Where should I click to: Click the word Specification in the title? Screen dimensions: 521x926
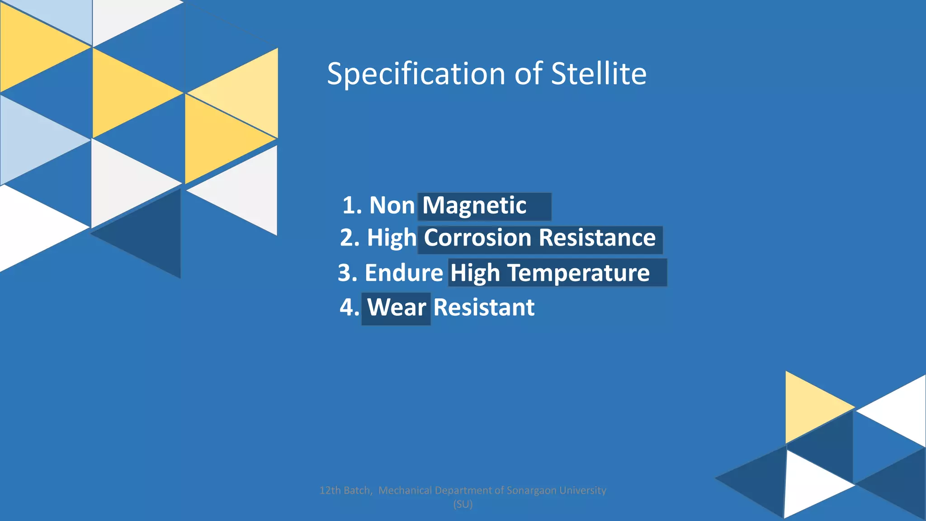416,74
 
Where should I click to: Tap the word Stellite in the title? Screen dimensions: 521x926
599,74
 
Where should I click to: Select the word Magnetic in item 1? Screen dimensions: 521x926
474,206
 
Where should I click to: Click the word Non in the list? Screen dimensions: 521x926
392,205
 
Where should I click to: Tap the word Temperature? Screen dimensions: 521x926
578,273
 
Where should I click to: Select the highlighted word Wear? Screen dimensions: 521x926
397,308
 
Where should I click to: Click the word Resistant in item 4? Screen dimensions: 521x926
484,308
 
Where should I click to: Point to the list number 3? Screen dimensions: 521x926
347,273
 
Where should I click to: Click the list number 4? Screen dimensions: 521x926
349,308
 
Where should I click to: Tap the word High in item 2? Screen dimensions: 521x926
392,238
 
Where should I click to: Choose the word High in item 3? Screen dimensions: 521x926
475,273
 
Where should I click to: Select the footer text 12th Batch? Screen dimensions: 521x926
345,490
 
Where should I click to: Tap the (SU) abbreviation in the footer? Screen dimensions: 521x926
463,504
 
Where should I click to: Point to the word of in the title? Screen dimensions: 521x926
528,74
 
